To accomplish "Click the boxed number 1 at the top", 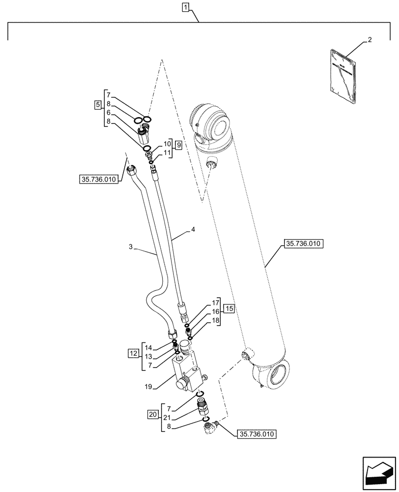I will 185,7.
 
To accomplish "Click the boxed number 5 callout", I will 98,104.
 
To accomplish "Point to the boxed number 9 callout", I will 178,145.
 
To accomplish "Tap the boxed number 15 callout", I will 229,309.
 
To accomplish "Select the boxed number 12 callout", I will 133,353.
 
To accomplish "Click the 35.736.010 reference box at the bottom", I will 257,434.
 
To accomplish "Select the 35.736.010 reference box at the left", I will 97,180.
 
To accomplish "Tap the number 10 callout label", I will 167,143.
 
